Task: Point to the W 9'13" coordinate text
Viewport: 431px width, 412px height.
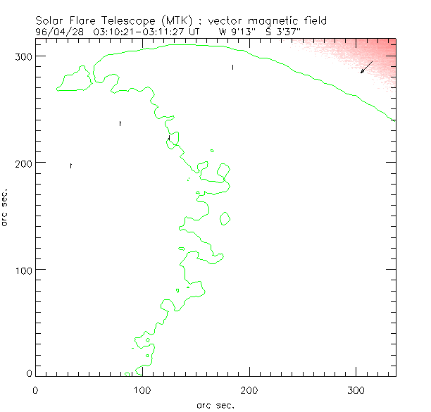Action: tap(235, 32)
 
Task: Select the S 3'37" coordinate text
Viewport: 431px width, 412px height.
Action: tap(283, 32)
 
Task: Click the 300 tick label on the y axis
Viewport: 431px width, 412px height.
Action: tap(23, 56)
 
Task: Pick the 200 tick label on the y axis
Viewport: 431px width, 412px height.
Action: tap(23, 163)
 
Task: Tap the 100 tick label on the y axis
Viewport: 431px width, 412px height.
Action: tap(23, 270)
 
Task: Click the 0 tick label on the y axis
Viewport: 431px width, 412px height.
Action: tap(29, 373)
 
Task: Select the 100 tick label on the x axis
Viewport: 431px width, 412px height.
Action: tap(142, 389)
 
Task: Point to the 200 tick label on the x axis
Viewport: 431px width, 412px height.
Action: tap(249, 389)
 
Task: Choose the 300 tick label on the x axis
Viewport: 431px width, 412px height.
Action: tap(356, 389)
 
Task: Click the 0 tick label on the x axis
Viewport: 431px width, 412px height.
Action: tap(35, 389)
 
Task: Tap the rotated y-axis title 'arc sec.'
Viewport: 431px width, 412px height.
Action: tap(6, 206)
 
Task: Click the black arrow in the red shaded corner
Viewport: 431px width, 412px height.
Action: tap(366, 68)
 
